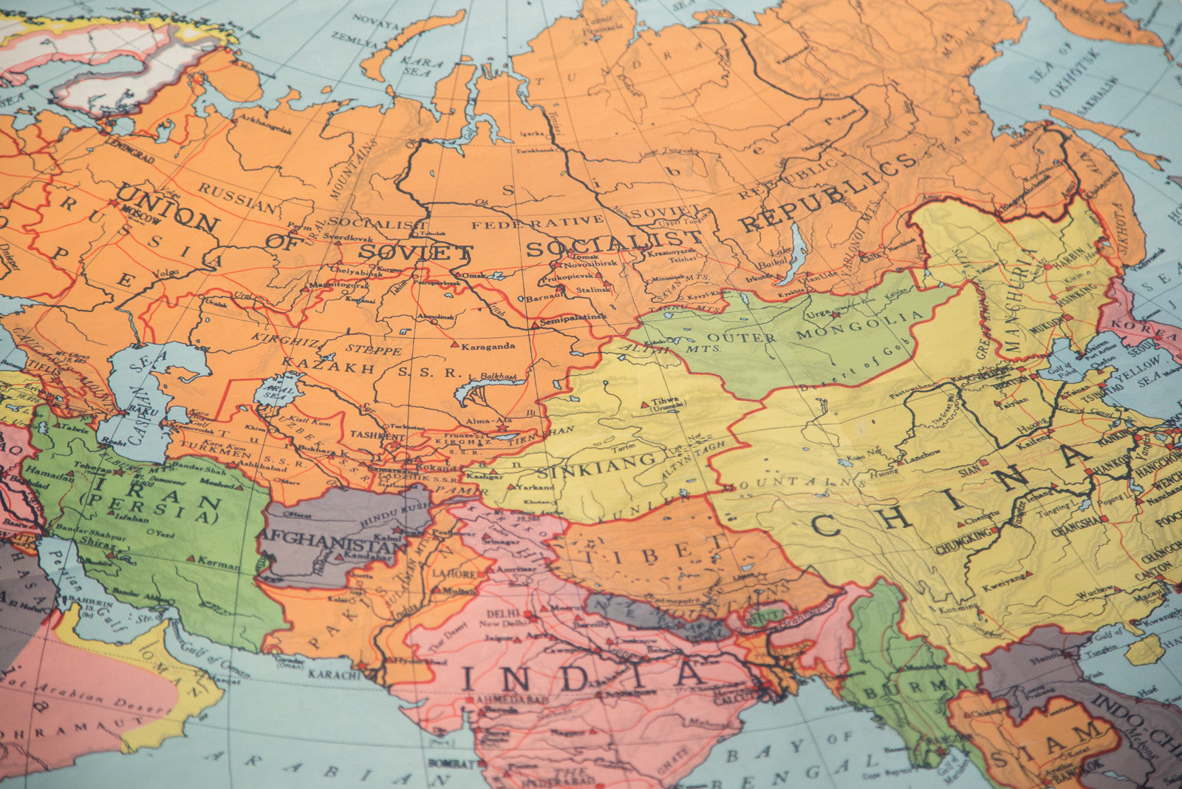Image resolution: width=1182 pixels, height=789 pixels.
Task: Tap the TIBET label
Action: click(x=649, y=552)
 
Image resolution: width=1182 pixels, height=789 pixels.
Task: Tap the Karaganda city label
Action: click(x=488, y=345)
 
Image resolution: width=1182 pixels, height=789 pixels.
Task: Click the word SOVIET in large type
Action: click(x=415, y=252)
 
